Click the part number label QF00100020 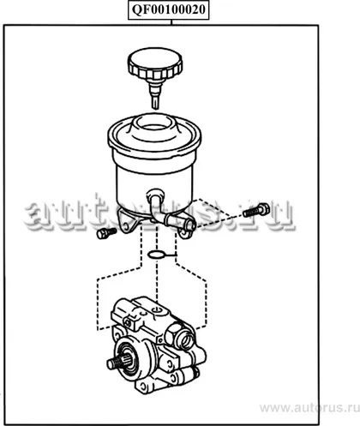(x=169, y=9)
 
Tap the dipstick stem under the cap (x=155, y=95)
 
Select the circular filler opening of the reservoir (x=154, y=126)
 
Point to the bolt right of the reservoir (x=256, y=210)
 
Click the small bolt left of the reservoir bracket (x=106, y=233)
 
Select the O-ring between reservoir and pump (x=156, y=255)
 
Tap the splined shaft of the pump (x=117, y=363)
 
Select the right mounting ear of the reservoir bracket (x=186, y=233)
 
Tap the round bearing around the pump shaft (x=129, y=357)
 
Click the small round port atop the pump (x=156, y=309)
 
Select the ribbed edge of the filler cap (x=154, y=71)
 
